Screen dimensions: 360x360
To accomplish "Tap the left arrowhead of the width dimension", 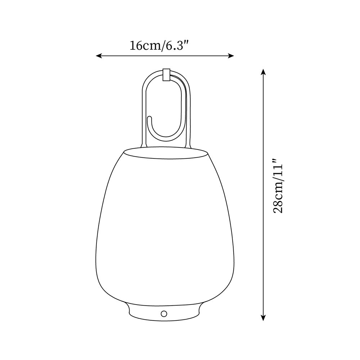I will point(98,56).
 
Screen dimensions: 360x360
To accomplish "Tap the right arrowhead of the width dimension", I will point(232,56).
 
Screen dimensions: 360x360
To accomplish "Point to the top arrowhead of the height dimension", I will point(264,72).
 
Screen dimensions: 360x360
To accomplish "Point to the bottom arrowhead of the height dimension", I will point(264,318).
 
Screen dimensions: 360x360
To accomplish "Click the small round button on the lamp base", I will point(164,313).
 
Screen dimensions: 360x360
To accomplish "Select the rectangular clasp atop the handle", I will point(166,75).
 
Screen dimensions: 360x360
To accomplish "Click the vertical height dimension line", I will point(264,252).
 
